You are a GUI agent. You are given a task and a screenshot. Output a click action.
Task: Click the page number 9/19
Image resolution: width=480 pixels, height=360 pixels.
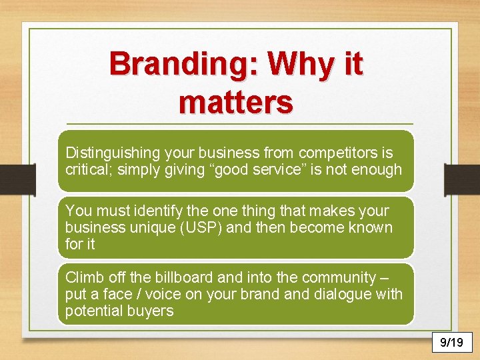click(451, 343)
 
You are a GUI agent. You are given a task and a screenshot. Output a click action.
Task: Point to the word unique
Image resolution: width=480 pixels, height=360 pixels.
click(156, 227)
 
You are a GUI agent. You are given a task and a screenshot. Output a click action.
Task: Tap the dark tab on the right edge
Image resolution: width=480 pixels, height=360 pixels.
click(461, 180)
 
